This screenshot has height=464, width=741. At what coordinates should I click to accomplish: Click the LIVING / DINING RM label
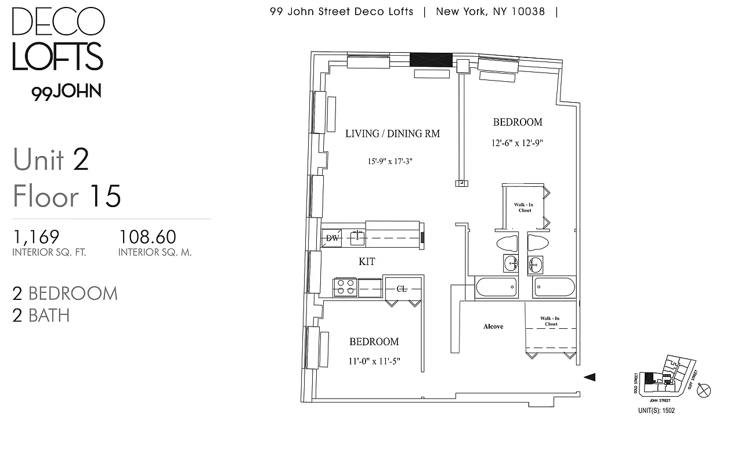[x=392, y=134]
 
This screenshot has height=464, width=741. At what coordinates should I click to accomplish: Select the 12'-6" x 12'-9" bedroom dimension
[x=518, y=143]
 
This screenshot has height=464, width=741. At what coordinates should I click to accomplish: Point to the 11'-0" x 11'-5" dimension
[x=374, y=361]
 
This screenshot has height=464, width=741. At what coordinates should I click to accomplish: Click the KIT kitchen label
[x=367, y=262]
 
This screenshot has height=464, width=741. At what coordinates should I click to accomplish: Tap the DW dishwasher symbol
[x=332, y=238]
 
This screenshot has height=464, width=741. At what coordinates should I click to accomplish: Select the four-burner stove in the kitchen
[x=345, y=288]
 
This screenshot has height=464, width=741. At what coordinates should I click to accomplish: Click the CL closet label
[x=401, y=288]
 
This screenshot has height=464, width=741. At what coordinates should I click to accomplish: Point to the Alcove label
[x=493, y=327]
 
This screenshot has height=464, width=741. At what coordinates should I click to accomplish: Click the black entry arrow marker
[x=590, y=377]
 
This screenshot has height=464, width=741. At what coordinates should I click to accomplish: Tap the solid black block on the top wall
[x=431, y=59]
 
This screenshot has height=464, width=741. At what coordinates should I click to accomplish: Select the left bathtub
[x=496, y=287]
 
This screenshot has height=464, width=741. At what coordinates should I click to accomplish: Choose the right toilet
[x=538, y=242]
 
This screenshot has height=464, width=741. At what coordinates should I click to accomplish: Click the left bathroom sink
[x=511, y=264]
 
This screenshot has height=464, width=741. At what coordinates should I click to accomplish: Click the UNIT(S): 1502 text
[x=656, y=411]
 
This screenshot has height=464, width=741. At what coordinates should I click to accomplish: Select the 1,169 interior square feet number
[x=36, y=237]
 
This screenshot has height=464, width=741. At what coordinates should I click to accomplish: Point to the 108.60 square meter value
[x=147, y=237]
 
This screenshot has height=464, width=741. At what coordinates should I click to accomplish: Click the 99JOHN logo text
[x=67, y=92]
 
